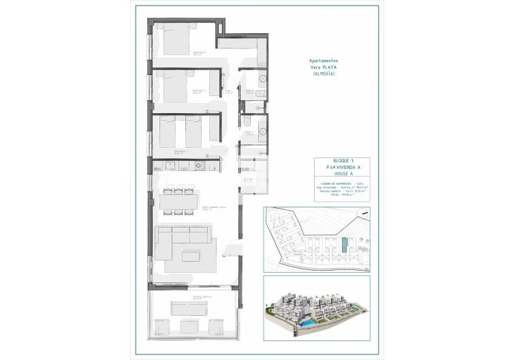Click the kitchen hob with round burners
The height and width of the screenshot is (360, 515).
pos(198,164)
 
